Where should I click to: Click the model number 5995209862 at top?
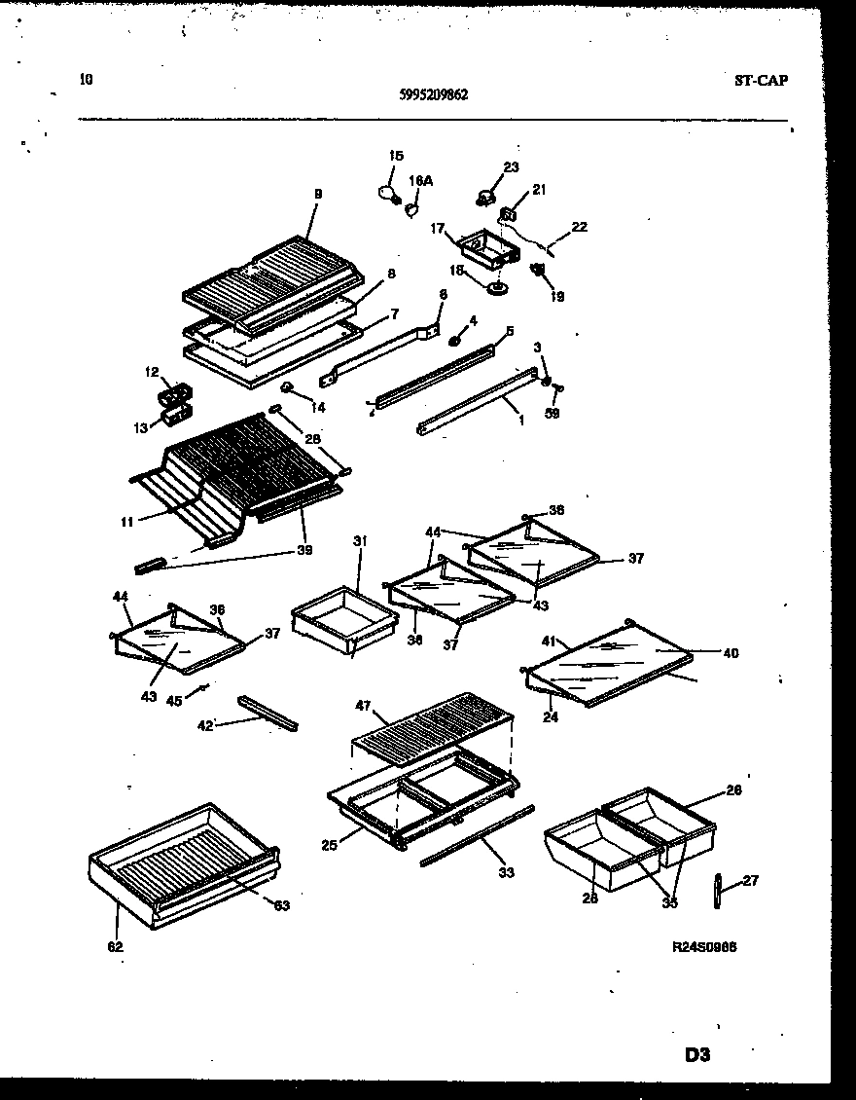click(433, 95)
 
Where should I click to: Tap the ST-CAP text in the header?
click(760, 81)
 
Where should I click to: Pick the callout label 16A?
click(420, 181)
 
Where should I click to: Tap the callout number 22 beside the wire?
click(579, 227)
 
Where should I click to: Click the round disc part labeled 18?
click(499, 286)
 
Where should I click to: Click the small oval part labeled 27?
click(718, 891)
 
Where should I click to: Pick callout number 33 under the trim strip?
click(506, 873)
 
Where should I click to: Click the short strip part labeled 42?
click(267, 714)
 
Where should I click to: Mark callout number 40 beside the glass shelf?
click(730, 653)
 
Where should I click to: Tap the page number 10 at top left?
click(86, 81)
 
